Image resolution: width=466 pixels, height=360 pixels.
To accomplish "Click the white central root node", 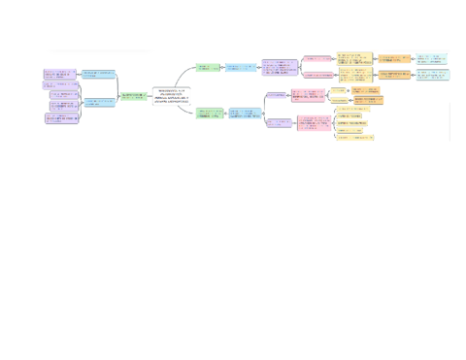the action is pos(173,95).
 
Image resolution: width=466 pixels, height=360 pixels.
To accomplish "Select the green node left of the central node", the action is pos(132,95).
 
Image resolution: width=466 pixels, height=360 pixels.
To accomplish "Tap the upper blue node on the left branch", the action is pos(98,74).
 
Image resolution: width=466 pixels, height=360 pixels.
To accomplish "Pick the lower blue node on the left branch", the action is pos(98,101).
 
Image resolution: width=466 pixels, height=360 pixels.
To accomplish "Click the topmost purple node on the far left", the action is pos(60,74).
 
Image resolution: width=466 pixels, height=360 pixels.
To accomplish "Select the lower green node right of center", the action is pos(209,113).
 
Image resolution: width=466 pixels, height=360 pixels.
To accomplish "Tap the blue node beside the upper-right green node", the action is pos(242,68).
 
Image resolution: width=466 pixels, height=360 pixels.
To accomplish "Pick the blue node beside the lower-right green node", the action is pos(246,115).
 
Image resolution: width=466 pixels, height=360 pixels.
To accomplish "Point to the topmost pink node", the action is pos(316,59).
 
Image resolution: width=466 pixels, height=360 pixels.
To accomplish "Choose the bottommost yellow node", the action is pos(354,138).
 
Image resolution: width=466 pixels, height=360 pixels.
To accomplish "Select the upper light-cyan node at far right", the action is pos(432,59).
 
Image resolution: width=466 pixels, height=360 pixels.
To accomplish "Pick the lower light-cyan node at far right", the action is pos(432,74).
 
